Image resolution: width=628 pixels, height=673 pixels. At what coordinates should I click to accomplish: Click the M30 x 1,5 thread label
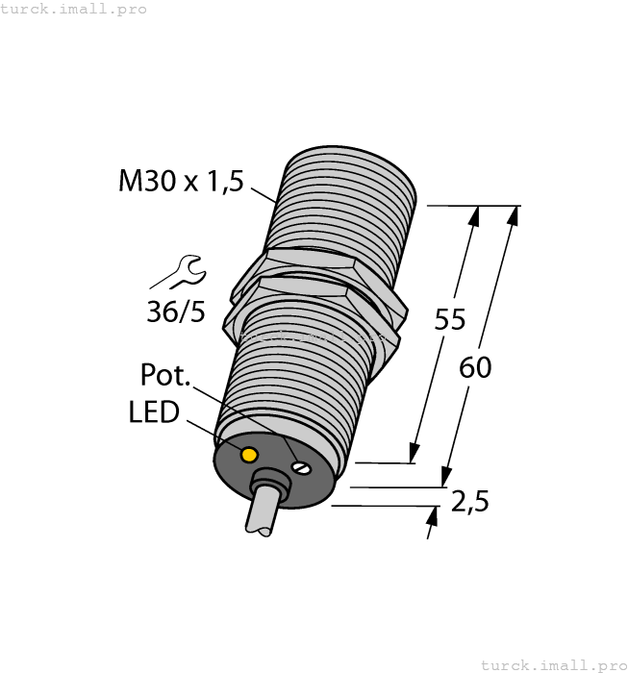182,181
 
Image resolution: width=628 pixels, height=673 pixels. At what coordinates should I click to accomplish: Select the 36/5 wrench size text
176,312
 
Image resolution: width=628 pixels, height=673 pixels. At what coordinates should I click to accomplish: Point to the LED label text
154,412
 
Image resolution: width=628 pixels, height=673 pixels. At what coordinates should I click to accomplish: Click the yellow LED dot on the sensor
250,454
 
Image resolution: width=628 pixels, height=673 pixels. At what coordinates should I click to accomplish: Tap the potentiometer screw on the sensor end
303,468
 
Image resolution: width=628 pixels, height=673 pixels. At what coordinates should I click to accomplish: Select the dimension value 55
449,320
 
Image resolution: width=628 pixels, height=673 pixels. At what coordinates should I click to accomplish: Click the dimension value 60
475,367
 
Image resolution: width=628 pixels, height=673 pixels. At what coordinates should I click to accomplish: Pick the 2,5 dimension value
470,501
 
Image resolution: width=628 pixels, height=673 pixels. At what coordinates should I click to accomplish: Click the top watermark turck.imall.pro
73,9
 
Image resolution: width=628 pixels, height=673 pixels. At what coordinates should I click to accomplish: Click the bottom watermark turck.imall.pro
553,664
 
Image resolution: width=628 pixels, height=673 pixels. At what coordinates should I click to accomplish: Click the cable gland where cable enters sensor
265,483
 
